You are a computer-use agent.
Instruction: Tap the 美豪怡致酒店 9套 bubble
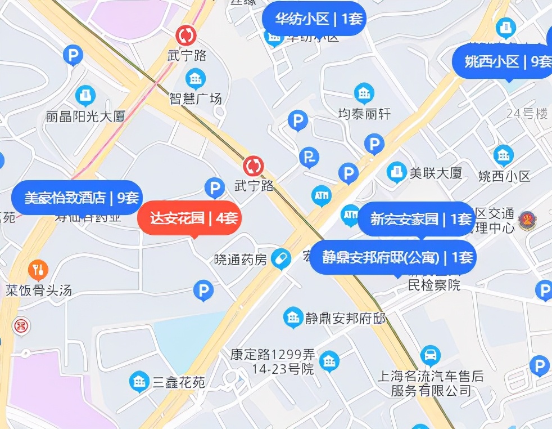pyautogui.click(x=76, y=198)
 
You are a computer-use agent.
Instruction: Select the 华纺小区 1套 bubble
pyautogui.click(x=314, y=19)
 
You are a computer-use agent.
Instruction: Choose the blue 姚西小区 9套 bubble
pyautogui.click(x=504, y=61)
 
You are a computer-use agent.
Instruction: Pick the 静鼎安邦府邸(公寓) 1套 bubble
pyautogui.click(x=393, y=257)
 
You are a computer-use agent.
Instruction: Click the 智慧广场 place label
pyautogui.click(x=196, y=99)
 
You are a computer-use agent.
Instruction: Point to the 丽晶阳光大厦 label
pyautogui.click(x=85, y=117)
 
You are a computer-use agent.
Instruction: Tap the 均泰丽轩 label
pyautogui.click(x=364, y=114)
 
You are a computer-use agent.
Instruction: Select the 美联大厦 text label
pyautogui.click(x=436, y=173)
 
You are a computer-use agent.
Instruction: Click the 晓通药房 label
pyautogui.click(x=241, y=260)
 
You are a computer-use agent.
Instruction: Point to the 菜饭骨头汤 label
pyautogui.click(x=39, y=291)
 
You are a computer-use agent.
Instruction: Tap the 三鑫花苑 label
pyautogui.click(x=179, y=383)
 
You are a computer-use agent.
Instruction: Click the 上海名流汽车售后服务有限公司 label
pyautogui.click(x=431, y=383)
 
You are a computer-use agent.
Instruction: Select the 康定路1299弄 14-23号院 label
pyautogui.click(x=272, y=362)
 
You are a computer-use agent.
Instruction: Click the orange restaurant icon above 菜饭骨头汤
pyautogui.click(x=38, y=271)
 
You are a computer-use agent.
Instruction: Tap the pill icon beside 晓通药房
pyautogui.click(x=280, y=259)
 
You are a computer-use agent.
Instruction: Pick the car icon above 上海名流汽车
pyautogui.click(x=431, y=356)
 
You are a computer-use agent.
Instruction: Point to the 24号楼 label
pyautogui.click(x=527, y=114)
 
